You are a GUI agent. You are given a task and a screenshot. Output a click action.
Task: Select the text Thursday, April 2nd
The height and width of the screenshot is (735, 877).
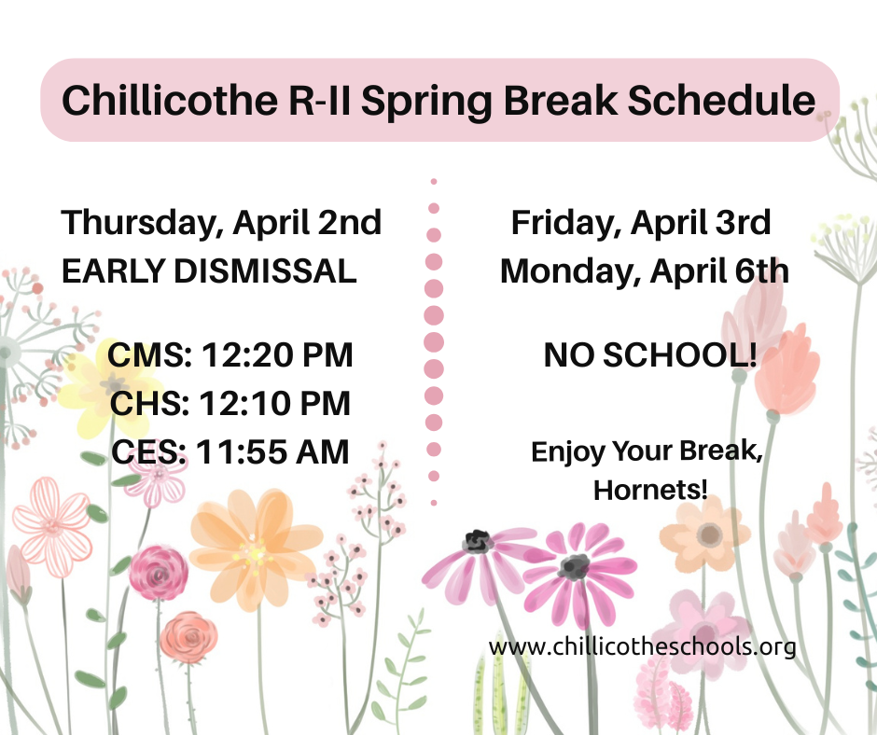pyautogui.click(x=221, y=224)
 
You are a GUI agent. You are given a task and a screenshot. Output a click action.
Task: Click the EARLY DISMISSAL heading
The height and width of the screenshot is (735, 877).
pyautogui.click(x=208, y=271)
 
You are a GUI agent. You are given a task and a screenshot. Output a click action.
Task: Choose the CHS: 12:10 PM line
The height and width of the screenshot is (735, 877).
pyautogui.click(x=230, y=404)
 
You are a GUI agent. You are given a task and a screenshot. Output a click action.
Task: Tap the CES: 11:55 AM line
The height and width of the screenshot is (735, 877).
pyautogui.click(x=230, y=452)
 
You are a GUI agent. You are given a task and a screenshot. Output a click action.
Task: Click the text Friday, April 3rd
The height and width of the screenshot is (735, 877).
pyautogui.click(x=641, y=224)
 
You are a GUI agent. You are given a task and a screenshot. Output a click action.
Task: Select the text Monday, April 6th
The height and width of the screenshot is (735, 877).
pyautogui.click(x=644, y=271)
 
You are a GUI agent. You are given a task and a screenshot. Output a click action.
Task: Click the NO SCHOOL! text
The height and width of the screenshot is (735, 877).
pyautogui.click(x=650, y=355)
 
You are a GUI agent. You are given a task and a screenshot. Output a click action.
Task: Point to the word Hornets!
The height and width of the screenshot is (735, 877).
pyautogui.click(x=650, y=489)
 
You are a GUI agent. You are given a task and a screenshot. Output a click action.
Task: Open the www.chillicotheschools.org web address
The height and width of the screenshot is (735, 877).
pyautogui.click(x=642, y=645)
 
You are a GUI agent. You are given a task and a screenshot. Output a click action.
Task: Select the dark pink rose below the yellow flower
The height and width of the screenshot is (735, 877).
pyautogui.click(x=158, y=567)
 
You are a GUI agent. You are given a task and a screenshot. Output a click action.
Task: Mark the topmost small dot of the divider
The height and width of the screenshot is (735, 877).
pyautogui.click(x=434, y=182)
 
